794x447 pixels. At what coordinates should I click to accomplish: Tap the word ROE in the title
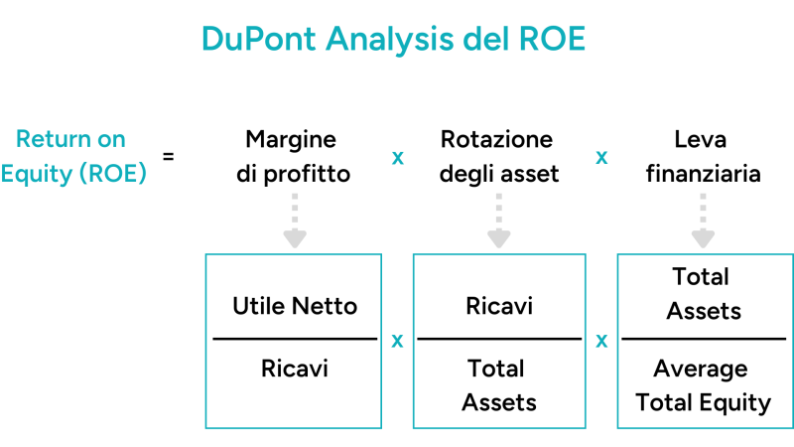(x=551, y=39)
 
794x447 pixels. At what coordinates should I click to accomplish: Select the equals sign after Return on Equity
(x=168, y=156)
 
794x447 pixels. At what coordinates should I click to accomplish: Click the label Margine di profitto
(x=293, y=156)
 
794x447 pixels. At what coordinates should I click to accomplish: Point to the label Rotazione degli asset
(x=498, y=156)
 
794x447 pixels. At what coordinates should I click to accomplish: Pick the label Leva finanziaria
(x=703, y=156)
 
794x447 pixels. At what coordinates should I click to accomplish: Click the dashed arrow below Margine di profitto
(x=294, y=220)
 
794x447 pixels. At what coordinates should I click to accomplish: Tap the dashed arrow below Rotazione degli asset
(x=498, y=220)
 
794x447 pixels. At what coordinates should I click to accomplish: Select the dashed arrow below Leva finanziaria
(x=703, y=220)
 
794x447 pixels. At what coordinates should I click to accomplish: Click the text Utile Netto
(x=295, y=306)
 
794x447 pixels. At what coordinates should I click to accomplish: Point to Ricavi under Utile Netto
(x=295, y=369)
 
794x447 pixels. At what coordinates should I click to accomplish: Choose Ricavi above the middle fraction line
(x=499, y=306)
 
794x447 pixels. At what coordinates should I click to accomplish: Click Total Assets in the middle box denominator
(x=499, y=385)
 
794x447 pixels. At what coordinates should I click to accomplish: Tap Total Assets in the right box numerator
(x=704, y=293)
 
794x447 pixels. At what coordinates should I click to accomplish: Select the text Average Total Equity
(x=704, y=385)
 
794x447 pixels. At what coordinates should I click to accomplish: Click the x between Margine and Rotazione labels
(x=397, y=158)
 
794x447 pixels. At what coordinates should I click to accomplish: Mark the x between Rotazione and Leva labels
(x=601, y=158)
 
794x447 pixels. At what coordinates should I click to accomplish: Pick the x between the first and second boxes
(x=397, y=341)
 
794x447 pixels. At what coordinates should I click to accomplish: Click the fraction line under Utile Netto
(x=295, y=339)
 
